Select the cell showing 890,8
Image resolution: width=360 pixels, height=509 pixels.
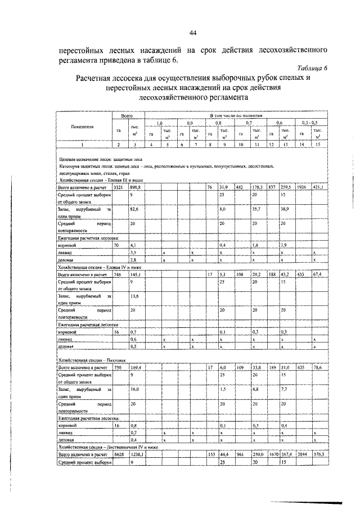(136, 187)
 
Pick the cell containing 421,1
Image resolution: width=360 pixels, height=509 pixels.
(319, 187)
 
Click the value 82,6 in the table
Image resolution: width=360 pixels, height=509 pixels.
(134, 209)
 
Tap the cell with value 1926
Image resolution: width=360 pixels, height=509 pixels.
(301, 187)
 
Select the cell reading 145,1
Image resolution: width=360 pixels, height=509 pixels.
(136, 274)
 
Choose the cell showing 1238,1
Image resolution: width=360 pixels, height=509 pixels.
(137, 453)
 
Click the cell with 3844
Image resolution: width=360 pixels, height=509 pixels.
(301, 453)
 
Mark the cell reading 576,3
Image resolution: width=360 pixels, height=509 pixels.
(319, 453)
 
